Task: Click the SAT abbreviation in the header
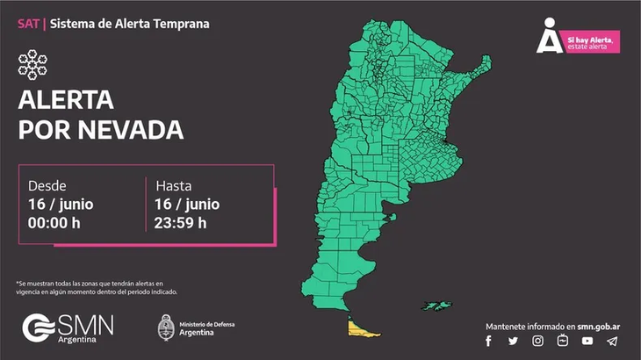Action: pos(28,24)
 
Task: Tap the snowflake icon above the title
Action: pos(33,65)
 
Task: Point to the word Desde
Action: pos(47,186)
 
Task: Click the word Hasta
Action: pos(174,186)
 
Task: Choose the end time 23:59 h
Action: pos(181,221)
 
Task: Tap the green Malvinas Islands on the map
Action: pos(436,306)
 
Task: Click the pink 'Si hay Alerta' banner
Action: pos(590,41)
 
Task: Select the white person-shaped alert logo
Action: pos(549,36)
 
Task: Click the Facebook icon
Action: pos(489,342)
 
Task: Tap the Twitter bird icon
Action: pos(513,342)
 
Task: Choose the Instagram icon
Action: pos(537,342)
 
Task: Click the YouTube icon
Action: pos(587,342)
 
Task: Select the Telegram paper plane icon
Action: pos(612,342)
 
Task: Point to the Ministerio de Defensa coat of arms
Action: pos(164,328)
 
